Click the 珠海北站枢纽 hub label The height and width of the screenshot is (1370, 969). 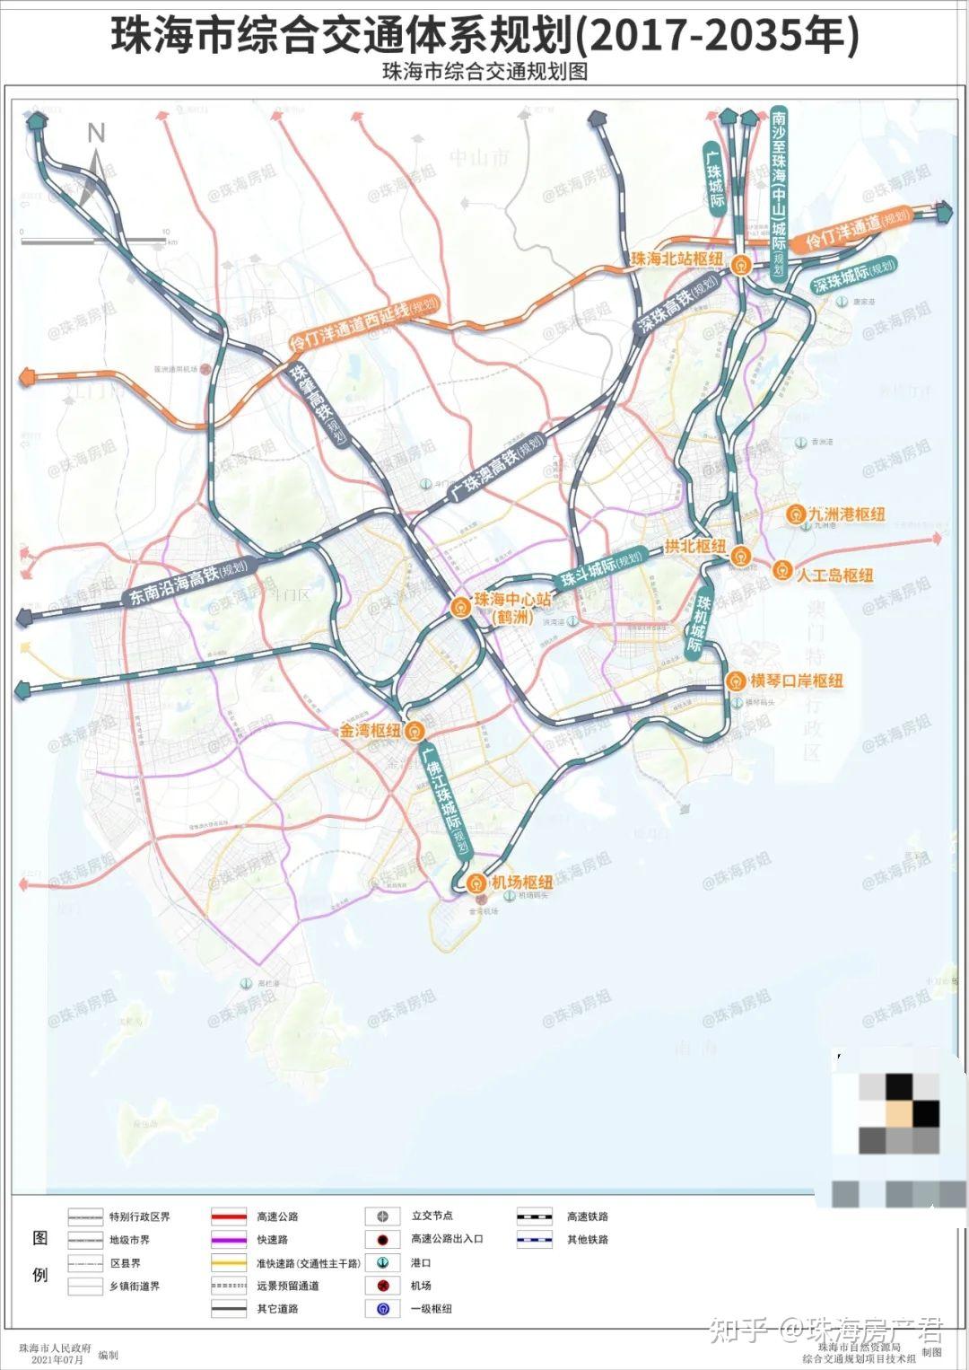click(677, 259)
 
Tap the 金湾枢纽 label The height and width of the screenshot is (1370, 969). click(370, 731)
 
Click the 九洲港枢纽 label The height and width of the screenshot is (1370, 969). click(846, 514)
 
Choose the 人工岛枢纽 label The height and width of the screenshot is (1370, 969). click(834, 575)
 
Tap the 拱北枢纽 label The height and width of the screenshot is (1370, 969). click(695, 546)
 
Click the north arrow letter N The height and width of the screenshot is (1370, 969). click(96, 134)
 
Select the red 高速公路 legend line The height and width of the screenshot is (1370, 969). click(229, 1217)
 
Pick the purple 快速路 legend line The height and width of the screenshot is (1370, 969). click(229, 1240)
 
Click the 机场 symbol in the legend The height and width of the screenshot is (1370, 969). click(382, 1287)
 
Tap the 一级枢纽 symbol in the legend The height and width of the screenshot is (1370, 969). click(382, 1309)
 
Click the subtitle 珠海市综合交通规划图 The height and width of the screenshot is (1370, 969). click(484, 72)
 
